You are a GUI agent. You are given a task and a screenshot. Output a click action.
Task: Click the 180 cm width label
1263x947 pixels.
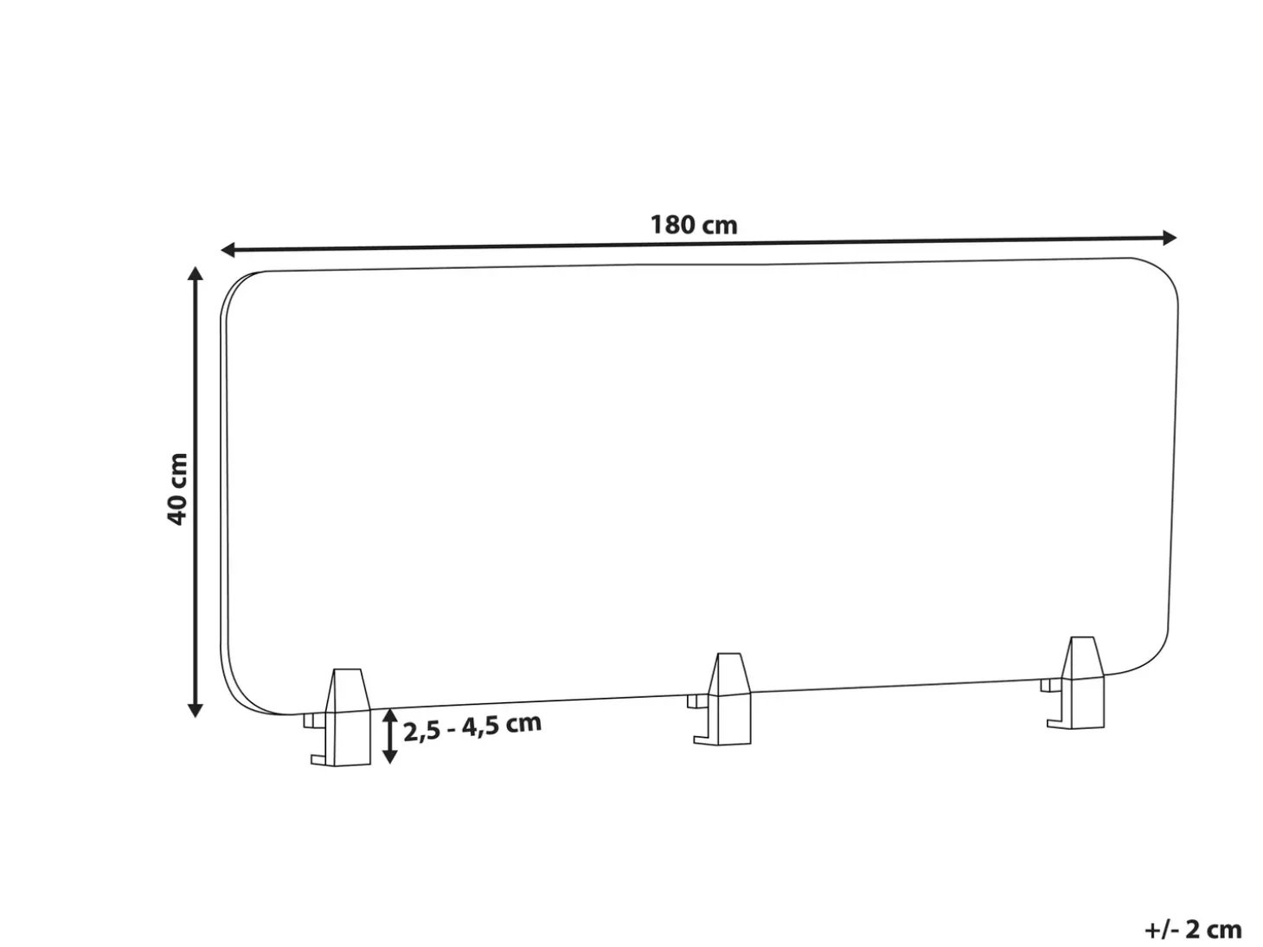point(694,225)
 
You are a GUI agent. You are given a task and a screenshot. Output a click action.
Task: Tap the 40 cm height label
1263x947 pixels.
point(177,489)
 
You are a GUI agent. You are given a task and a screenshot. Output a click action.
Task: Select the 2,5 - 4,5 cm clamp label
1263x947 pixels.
point(472,728)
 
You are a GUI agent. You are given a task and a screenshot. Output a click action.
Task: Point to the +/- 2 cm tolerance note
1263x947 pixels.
point(1194,929)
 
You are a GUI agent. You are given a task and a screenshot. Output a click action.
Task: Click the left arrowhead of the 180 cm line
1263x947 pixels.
point(228,250)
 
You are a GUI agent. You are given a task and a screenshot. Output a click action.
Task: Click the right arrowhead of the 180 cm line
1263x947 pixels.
point(1170,238)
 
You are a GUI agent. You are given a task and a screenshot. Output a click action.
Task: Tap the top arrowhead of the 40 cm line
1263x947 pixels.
point(196,273)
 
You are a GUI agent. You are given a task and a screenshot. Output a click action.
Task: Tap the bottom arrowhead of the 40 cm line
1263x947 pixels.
point(196,710)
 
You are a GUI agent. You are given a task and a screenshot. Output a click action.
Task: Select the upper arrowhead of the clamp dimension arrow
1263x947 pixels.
point(390,716)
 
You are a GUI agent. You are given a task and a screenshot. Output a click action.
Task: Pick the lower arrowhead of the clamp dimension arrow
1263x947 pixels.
point(390,756)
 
